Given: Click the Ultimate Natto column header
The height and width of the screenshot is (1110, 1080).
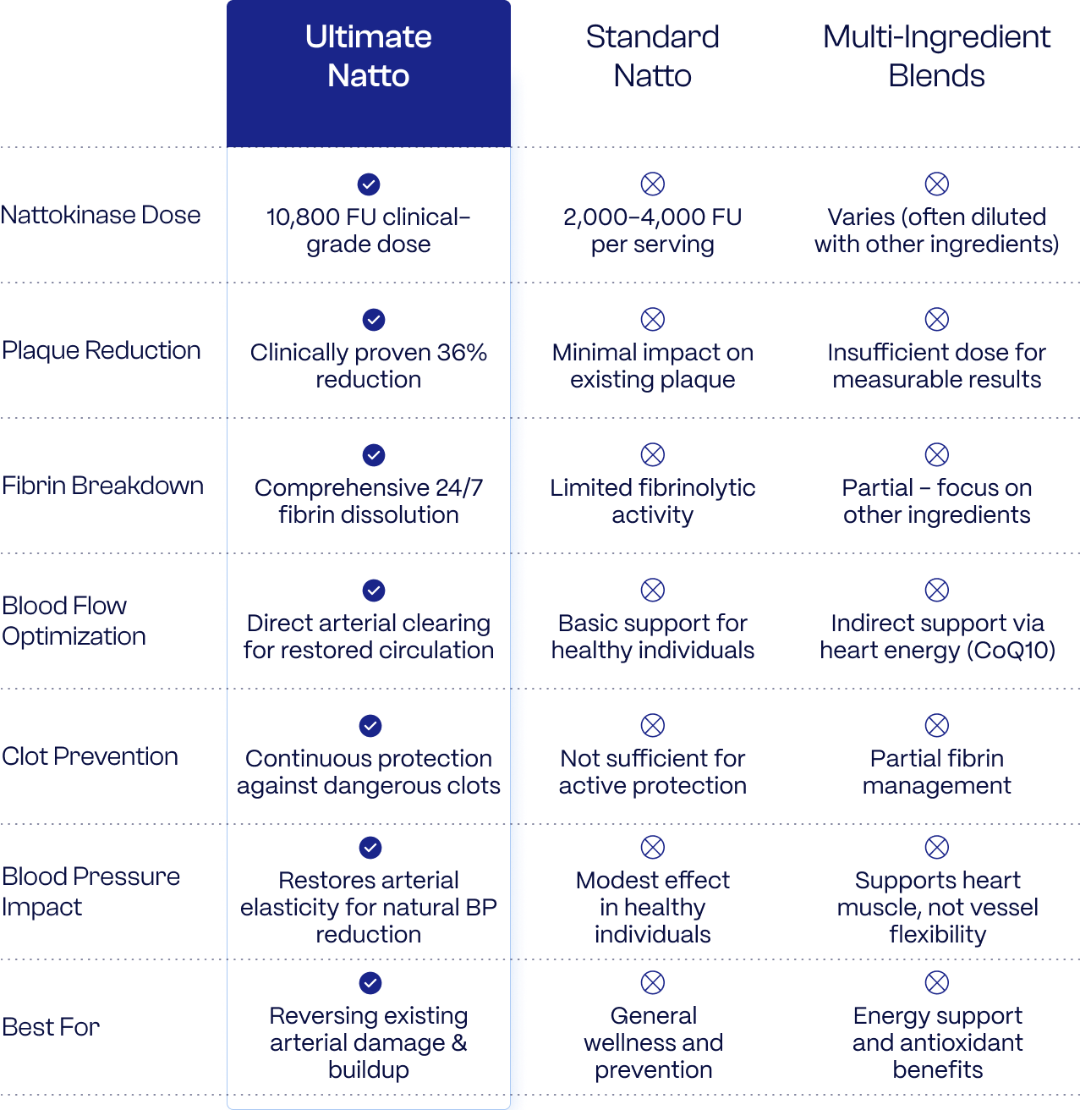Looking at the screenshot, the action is click(369, 56).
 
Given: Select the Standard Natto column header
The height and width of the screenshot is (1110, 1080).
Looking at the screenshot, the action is click(652, 56).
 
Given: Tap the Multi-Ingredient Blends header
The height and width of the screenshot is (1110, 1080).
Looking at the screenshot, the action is click(936, 56).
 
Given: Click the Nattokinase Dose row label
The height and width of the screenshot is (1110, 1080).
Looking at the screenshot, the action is click(101, 215).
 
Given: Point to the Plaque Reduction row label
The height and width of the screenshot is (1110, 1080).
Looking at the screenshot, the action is click(101, 350).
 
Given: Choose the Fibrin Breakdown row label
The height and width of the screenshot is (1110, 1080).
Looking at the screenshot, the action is click(102, 486).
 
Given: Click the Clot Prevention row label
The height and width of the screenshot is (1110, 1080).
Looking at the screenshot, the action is click(90, 756).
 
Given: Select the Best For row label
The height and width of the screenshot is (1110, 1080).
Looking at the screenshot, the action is click(51, 1027).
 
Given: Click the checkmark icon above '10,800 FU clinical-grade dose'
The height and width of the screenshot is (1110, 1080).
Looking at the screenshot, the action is click(369, 184).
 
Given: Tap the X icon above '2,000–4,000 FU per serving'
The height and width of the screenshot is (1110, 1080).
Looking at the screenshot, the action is click(652, 184).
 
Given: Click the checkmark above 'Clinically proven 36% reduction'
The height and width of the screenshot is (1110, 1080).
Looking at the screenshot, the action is click(374, 320).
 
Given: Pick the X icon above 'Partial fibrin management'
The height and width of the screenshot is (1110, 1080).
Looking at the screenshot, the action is click(936, 726).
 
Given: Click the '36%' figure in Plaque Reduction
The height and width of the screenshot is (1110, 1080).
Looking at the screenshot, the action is click(461, 353).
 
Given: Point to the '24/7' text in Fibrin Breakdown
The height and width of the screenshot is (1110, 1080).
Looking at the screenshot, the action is click(459, 487).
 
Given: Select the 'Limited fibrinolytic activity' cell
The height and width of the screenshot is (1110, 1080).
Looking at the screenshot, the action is click(652, 502).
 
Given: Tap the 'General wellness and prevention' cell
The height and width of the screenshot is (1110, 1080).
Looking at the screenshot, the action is click(653, 1042).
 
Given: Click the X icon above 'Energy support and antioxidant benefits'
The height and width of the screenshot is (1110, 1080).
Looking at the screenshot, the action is click(936, 982).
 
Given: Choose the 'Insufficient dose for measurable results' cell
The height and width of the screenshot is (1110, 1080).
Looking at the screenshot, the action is click(936, 365).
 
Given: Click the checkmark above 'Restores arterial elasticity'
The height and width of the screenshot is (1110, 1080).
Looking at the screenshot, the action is click(370, 847).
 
